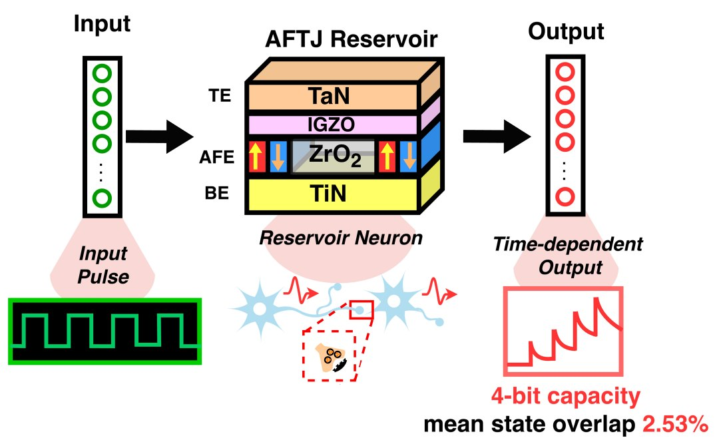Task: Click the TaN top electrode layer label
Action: pyautogui.click(x=329, y=97)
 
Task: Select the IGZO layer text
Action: pyautogui.click(x=331, y=124)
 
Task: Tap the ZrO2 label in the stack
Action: pyautogui.click(x=335, y=156)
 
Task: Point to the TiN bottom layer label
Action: pyautogui.click(x=328, y=194)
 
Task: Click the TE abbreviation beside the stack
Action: pyautogui.click(x=220, y=96)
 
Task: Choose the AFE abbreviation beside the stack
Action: pyautogui.click(x=216, y=157)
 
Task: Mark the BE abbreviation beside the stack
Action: pyautogui.click(x=217, y=193)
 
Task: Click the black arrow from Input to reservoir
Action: pyautogui.click(x=160, y=136)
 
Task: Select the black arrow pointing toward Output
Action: pyautogui.click(x=497, y=136)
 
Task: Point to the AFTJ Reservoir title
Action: pyautogui.click(x=352, y=39)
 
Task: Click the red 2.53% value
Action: pyautogui.click(x=675, y=425)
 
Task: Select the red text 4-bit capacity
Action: pyautogui.click(x=566, y=396)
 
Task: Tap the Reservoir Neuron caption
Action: pyautogui.click(x=341, y=238)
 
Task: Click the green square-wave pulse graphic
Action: pyautogui.click(x=105, y=330)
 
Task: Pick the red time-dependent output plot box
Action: pyautogui.click(x=563, y=288)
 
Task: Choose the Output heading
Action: pyautogui.click(x=566, y=32)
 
